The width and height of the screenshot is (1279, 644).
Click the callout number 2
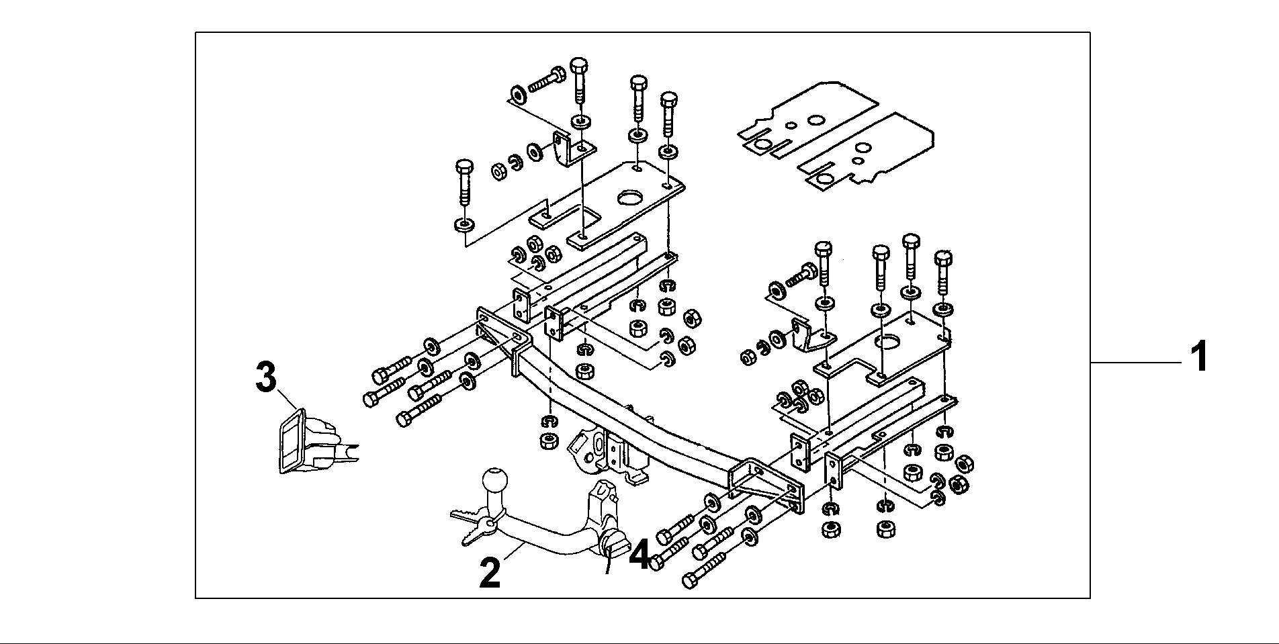(490, 573)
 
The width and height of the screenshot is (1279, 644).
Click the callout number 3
(266, 377)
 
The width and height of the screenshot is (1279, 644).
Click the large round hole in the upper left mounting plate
(632, 199)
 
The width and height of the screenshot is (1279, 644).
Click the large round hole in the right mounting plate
(891, 342)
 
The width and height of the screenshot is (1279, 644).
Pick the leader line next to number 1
(1135, 363)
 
